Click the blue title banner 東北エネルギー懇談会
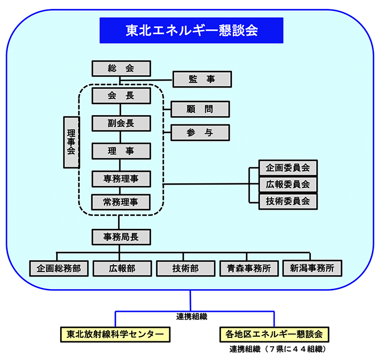coord(191,30)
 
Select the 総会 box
coord(121,68)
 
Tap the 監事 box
coord(202,79)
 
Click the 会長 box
coord(121,96)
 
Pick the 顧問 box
coord(199,108)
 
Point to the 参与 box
coord(199,132)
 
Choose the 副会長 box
coord(121,123)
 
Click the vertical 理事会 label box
coord(71,142)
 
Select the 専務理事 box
coord(121,179)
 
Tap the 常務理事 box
coord(121,202)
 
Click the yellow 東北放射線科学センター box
coord(115,333)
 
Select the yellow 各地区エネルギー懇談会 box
coord(274,333)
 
